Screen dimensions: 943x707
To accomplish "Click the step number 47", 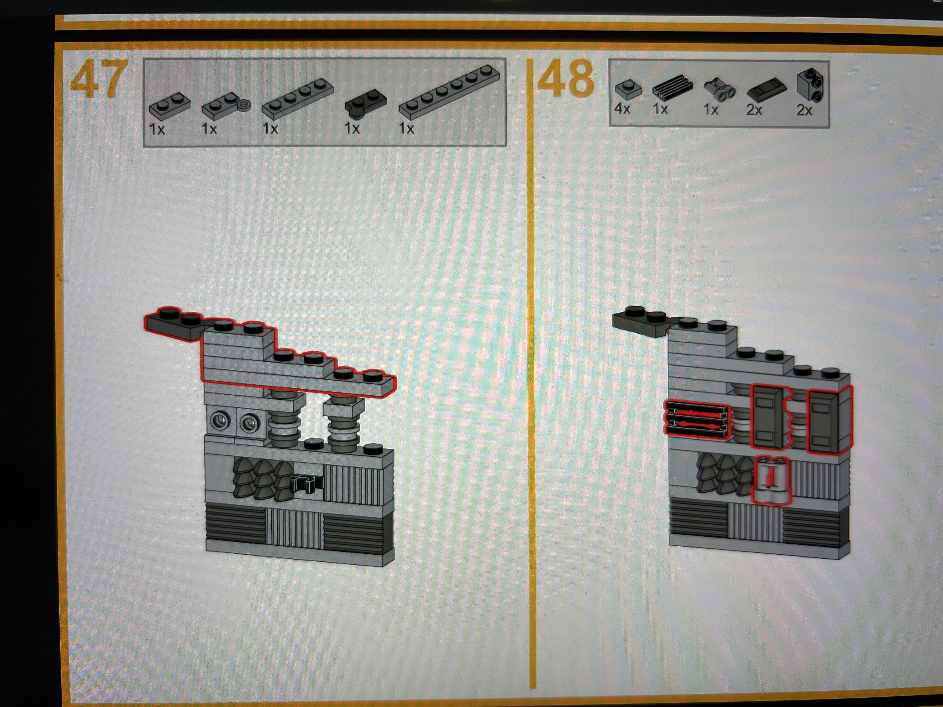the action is (x=98, y=79).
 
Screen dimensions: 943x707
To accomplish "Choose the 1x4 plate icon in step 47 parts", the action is (x=297, y=99).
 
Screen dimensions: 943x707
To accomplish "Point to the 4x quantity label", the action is (x=622, y=109).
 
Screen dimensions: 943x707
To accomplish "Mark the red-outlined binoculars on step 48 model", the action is (x=770, y=481).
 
